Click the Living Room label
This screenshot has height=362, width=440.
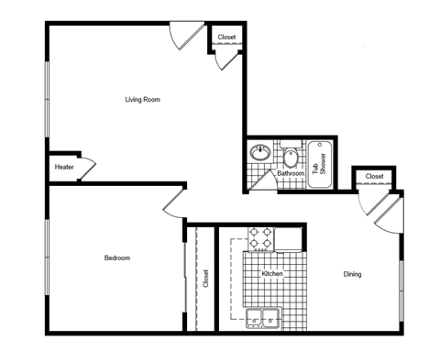(x=143, y=99)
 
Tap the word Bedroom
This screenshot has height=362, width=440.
(x=116, y=258)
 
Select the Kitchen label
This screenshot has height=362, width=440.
(x=272, y=274)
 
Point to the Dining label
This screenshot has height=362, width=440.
(x=353, y=274)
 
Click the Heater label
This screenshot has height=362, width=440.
(x=64, y=167)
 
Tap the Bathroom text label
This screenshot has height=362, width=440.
(x=291, y=172)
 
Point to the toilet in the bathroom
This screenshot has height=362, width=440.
(x=291, y=156)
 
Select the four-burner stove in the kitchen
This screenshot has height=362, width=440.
(x=259, y=238)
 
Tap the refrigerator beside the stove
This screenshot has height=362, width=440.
(x=289, y=238)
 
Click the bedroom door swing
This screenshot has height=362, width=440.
(x=174, y=206)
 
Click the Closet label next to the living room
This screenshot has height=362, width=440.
(x=226, y=38)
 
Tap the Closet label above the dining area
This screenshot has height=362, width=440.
(x=374, y=176)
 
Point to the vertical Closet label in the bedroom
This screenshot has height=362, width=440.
(x=205, y=278)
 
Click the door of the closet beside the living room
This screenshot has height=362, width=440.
(x=223, y=60)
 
